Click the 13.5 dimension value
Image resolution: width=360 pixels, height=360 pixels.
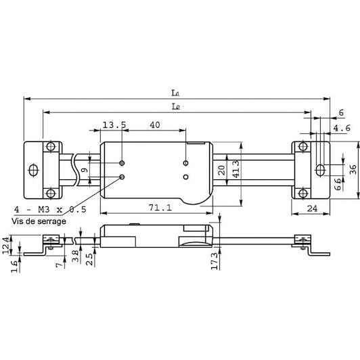tap(114, 125)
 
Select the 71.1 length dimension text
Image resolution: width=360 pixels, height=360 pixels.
tap(160, 208)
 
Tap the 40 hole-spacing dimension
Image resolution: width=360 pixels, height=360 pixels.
tap(155, 125)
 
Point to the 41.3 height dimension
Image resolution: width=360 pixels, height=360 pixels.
tap(236, 169)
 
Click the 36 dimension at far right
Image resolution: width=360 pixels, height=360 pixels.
tap(353, 169)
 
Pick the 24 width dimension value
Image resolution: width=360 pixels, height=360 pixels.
tap(312, 208)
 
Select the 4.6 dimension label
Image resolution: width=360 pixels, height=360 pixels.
tap(342, 128)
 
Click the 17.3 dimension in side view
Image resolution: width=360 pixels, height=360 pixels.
tap(215, 261)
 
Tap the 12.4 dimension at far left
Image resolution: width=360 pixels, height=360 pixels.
tap(7, 245)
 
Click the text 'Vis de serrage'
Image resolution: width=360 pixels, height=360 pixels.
tap(39, 221)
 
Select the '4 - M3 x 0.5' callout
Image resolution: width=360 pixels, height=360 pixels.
tap(50, 209)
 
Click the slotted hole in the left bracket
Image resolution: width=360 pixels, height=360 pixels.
tap(33, 170)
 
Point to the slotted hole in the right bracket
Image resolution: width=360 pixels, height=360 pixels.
tap(319, 170)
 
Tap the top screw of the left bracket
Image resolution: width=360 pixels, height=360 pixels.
tap(51, 146)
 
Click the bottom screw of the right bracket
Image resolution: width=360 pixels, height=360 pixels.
tap(303, 193)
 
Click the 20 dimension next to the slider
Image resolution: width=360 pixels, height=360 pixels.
tap(221, 170)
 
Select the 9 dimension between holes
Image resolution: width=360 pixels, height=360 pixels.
tap(85, 170)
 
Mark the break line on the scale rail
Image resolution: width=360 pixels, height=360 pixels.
tap(75, 170)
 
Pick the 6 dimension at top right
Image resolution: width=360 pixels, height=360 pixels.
tap(341, 113)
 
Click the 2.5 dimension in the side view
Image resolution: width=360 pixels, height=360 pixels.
tap(90, 259)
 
